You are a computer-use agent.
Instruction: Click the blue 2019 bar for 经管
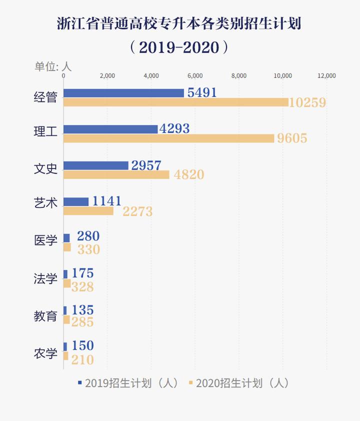click(123, 93)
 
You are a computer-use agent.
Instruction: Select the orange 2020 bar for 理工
click(168, 138)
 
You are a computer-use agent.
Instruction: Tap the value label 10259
click(307, 102)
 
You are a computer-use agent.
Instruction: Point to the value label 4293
click(174, 128)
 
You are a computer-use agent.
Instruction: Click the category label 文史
click(45, 169)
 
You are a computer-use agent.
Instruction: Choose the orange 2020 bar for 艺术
click(88, 211)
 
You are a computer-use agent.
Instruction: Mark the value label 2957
click(146, 165)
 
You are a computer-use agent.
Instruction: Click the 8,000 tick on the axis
click(239, 76)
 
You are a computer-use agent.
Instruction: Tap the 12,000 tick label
click(327, 76)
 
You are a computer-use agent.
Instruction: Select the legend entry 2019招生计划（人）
click(128, 383)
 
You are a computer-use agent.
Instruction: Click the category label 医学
click(45, 240)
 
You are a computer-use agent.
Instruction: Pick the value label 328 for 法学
click(82, 286)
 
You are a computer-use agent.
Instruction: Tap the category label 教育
click(45, 316)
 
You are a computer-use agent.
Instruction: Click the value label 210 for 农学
click(82, 359)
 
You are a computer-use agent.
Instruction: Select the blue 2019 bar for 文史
click(96, 165)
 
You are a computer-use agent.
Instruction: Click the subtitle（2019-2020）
click(179, 47)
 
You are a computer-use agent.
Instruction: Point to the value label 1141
click(107, 201)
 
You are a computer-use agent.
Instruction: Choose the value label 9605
click(292, 138)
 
